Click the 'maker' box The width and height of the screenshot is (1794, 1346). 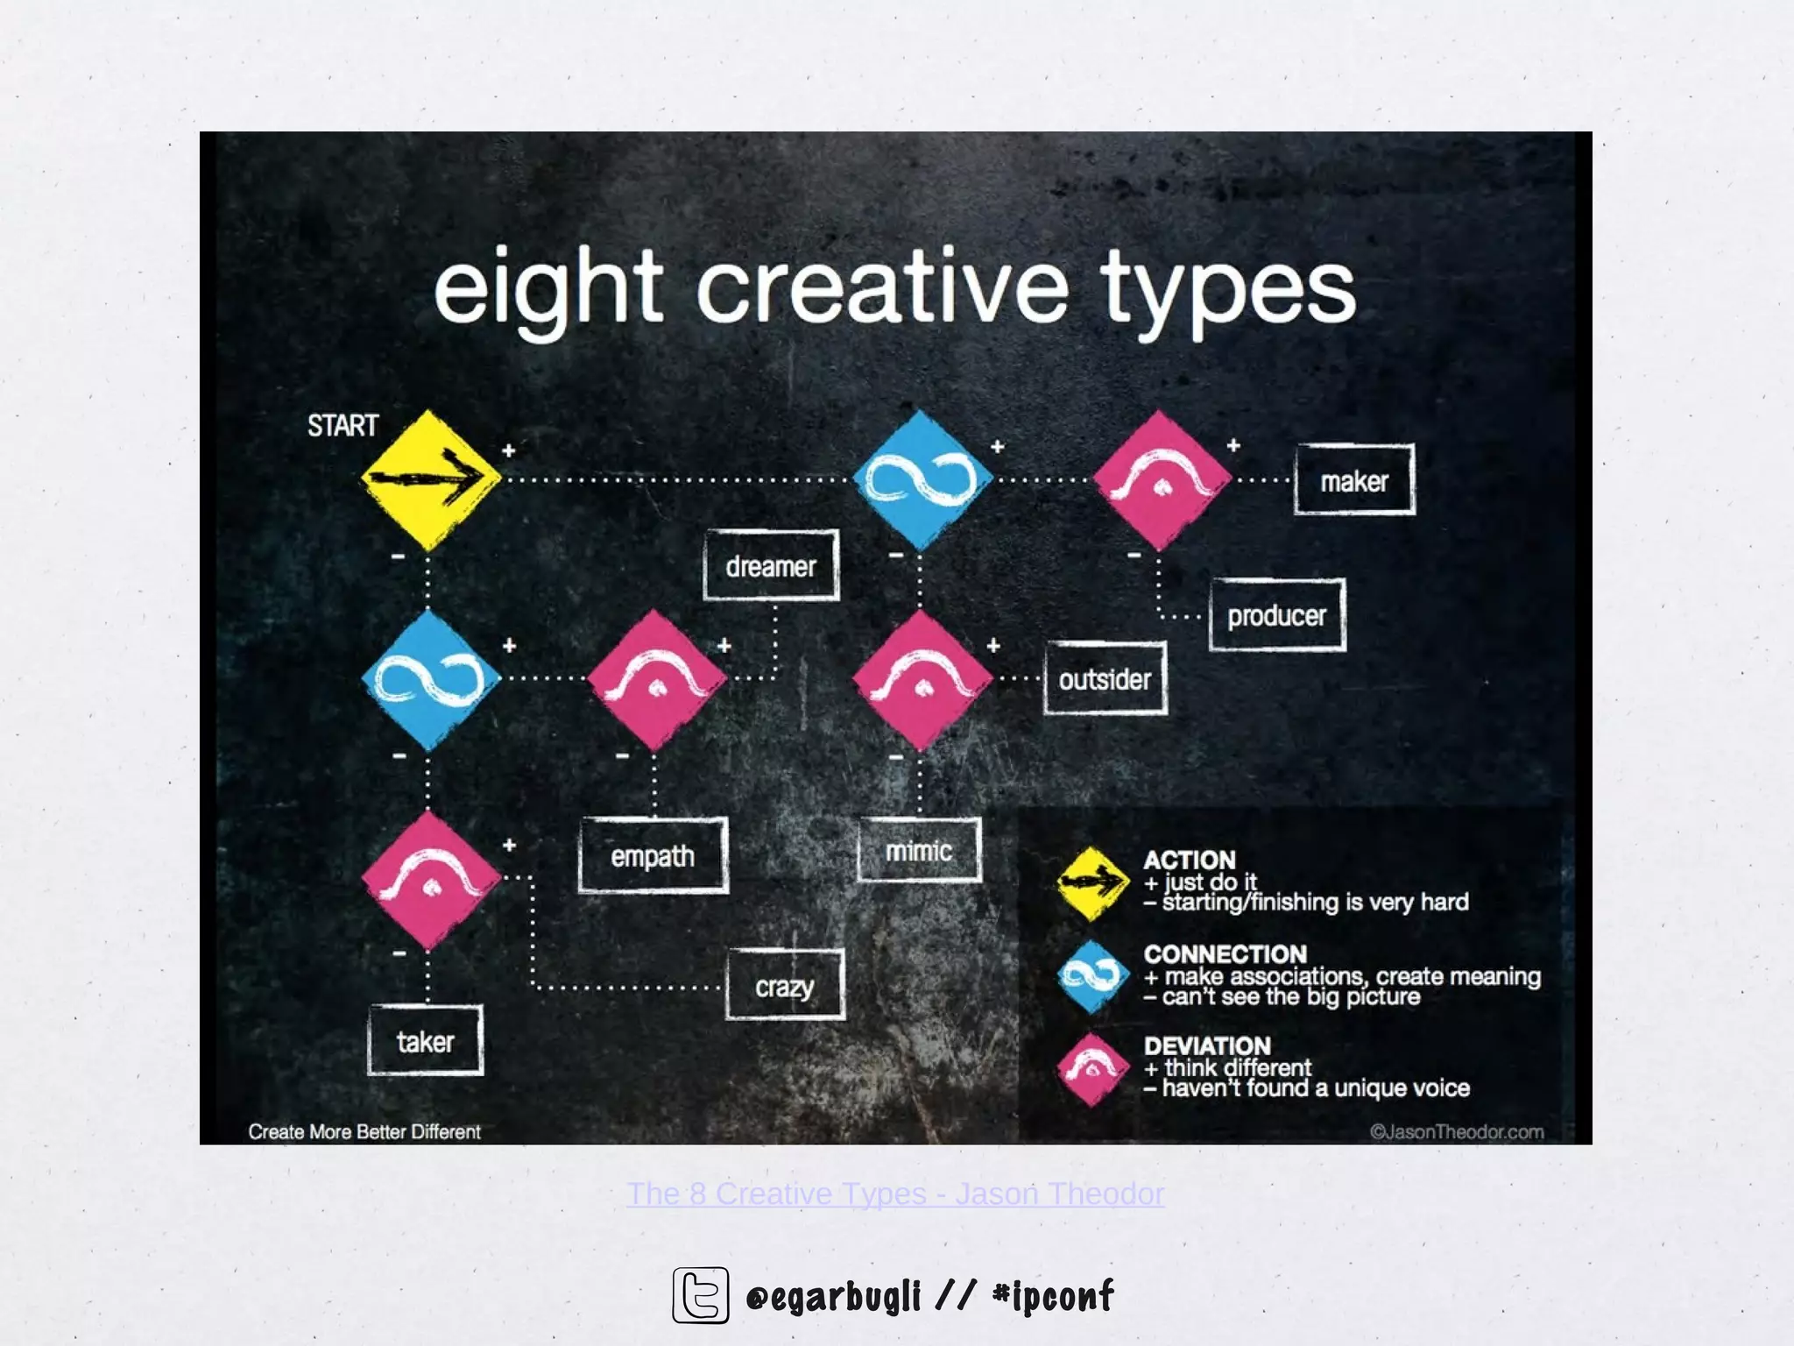pyautogui.click(x=1354, y=480)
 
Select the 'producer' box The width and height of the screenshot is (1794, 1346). pyautogui.click(x=1276, y=615)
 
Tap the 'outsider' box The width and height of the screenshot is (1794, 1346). pyautogui.click(x=1105, y=679)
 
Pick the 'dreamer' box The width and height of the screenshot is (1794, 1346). pyautogui.click(x=771, y=566)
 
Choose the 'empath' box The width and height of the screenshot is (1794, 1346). pyautogui.click(x=653, y=855)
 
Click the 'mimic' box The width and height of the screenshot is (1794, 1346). pyautogui.click(x=919, y=850)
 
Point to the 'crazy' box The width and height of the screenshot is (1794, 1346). pyautogui.click(x=785, y=986)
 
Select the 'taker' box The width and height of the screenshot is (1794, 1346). pyautogui.click(x=425, y=1041)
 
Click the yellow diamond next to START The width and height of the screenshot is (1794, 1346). pyautogui.click(x=429, y=479)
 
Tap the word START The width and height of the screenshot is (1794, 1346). pyautogui.click(x=343, y=426)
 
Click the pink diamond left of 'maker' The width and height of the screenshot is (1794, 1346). pyautogui.click(x=1162, y=480)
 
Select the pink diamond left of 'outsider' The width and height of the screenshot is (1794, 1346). pyautogui.click(x=921, y=680)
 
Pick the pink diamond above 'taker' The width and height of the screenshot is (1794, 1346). pyautogui.click(x=430, y=880)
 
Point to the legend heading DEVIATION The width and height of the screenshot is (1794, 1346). pyautogui.click(x=1206, y=1045)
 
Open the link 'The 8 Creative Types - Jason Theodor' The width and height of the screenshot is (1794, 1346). pyautogui.click(x=895, y=1194)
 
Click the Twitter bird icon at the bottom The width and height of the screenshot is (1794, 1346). pyautogui.click(x=701, y=1294)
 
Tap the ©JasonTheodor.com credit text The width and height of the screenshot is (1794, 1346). pyautogui.click(x=1456, y=1131)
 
